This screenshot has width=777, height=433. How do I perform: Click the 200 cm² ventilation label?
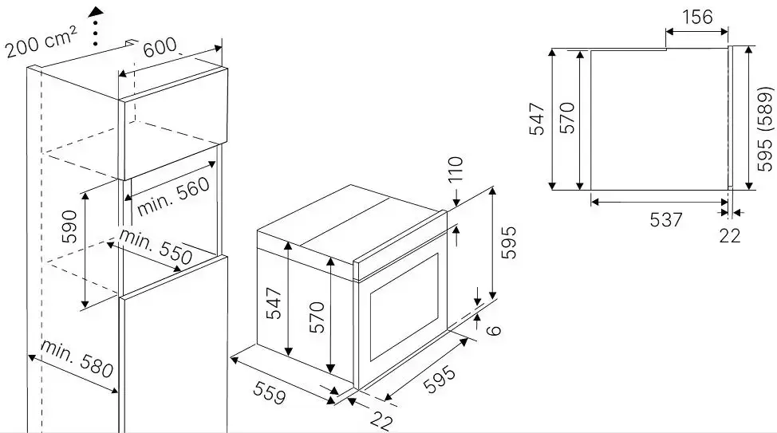(41, 42)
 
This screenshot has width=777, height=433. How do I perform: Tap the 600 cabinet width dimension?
(160, 46)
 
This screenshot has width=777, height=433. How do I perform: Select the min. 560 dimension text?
(173, 196)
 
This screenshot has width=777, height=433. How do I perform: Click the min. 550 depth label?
(156, 246)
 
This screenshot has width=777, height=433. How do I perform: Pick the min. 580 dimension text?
(77, 359)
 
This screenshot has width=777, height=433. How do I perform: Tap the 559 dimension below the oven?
(270, 392)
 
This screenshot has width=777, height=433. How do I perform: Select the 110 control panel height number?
(455, 169)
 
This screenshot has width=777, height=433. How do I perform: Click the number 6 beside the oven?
(494, 330)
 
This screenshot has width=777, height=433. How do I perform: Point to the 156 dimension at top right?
(697, 18)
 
